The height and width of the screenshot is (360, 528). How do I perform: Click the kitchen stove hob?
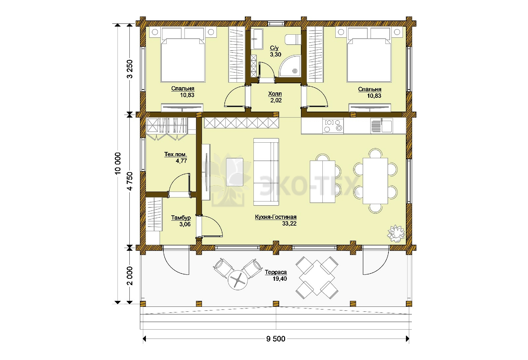click(x=333, y=126)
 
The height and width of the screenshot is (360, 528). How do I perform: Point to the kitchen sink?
click(x=382, y=126)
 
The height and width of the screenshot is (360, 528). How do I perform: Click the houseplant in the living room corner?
click(x=396, y=234)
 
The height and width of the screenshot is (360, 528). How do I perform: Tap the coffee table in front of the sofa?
click(x=235, y=172)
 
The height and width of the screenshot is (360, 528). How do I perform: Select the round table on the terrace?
click(x=238, y=280)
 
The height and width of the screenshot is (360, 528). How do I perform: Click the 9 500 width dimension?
click(x=276, y=339)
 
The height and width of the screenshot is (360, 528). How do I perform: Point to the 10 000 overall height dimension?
click(x=117, y=163)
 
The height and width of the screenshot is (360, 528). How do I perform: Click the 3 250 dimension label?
click(x=130, y=69)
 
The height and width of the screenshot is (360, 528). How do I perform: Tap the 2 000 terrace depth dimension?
click(x=130, y=276)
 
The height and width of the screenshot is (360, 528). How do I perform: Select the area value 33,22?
click(x=289, y=223)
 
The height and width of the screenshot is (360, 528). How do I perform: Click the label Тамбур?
click(x=181, y=218)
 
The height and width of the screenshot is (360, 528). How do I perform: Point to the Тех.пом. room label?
click(x=176, y=154)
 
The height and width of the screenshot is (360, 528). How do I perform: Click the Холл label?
click(x=275, y=94)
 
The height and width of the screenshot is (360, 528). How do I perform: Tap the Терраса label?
click(x=276, y=272)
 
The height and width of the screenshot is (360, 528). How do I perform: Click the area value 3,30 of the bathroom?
click(x=276, y=54)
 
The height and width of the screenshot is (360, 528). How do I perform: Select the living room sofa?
click(x=266, y=172)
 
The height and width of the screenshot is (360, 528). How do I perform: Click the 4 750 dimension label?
click(x=130, y=181)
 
